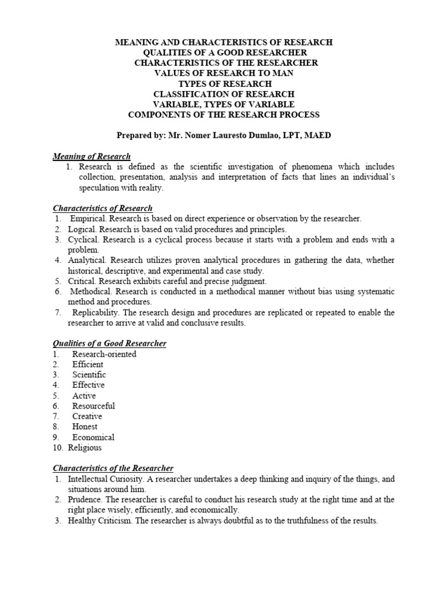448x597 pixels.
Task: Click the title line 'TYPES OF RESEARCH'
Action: point(224,84)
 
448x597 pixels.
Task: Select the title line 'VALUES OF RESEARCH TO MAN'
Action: point(224,73)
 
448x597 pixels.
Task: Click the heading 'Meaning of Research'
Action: point(92,156)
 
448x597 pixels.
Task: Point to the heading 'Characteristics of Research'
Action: point(103,208)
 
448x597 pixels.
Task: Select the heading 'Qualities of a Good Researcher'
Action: point(110,343)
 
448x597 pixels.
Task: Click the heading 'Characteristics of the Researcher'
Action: point(113,468)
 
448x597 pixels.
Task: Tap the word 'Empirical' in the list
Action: point(87,219)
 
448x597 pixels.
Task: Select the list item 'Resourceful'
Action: point(93,406)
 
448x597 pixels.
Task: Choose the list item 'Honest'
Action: point(85,427)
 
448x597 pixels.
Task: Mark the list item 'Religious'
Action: point(85,448)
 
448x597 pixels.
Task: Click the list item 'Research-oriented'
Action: point(104,354)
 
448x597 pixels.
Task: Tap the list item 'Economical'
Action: point(93,437)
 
